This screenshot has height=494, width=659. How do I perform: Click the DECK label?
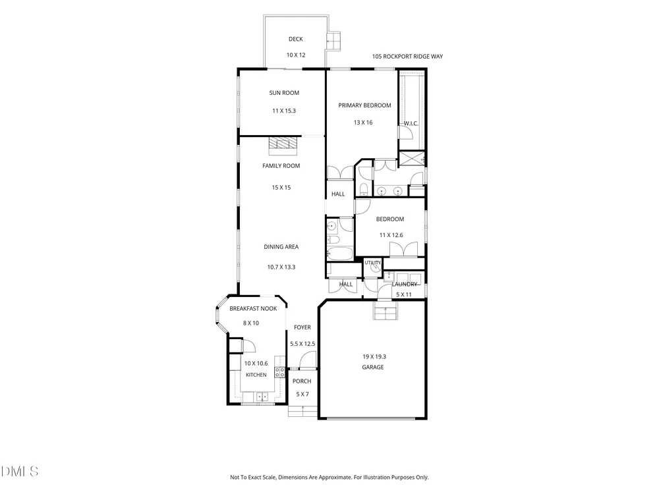pos(295,39)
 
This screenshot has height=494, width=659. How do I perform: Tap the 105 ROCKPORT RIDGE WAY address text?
pos(407,56)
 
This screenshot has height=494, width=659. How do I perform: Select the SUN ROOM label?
pos(284,93)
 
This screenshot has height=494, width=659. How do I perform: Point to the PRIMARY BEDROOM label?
pos(365,105)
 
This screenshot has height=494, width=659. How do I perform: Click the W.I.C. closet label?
pos(411,124)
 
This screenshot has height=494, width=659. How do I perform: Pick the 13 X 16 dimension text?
pos(363,123)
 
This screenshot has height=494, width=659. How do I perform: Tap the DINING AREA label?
pos(281,247)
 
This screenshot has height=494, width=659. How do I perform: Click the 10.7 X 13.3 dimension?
pos(281,267)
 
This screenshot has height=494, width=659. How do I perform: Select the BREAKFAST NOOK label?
pos(253,309)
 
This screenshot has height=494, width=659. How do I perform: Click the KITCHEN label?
pos(256,375)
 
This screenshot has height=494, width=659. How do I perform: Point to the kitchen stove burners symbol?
pos(279,371)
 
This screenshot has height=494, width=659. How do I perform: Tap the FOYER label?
pos(302,327)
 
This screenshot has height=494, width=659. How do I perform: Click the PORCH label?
pos(302,381)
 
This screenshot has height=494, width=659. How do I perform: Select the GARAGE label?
pos(373,367)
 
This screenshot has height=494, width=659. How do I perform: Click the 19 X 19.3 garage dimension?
pos(374,356)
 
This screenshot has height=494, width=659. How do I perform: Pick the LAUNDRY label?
pos(405,285)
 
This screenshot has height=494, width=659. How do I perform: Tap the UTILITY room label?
pos(373,263)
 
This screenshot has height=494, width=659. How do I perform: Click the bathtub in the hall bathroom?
pos(340,253)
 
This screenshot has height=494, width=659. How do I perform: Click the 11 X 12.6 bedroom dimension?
pos(391,235)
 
